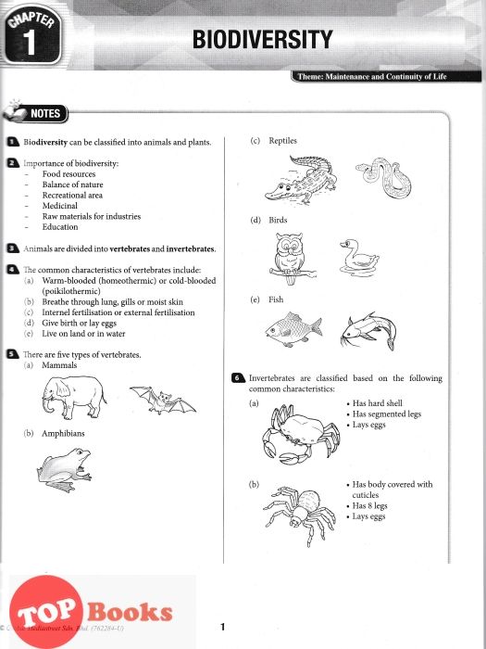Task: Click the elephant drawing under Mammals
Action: point(74,397)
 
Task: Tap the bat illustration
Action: point(163,401)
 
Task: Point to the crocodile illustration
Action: point(301,180)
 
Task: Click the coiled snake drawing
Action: point(383,178)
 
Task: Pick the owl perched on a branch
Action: point(291,259)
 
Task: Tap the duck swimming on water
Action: point(359,258)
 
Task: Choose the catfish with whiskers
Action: point(368,331)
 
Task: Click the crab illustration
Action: point(301,433)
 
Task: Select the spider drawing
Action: point(300,515)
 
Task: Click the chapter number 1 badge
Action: point(31,35)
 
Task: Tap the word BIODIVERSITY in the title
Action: point(262,39)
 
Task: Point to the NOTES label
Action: point(44,113)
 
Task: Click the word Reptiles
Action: point(282,141)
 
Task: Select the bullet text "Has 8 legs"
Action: point(369,505)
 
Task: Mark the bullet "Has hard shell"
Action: point(377,403)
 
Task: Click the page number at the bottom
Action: point(223,627)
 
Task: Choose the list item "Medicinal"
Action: point(60,206)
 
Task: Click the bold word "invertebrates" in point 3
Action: point(191,248)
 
